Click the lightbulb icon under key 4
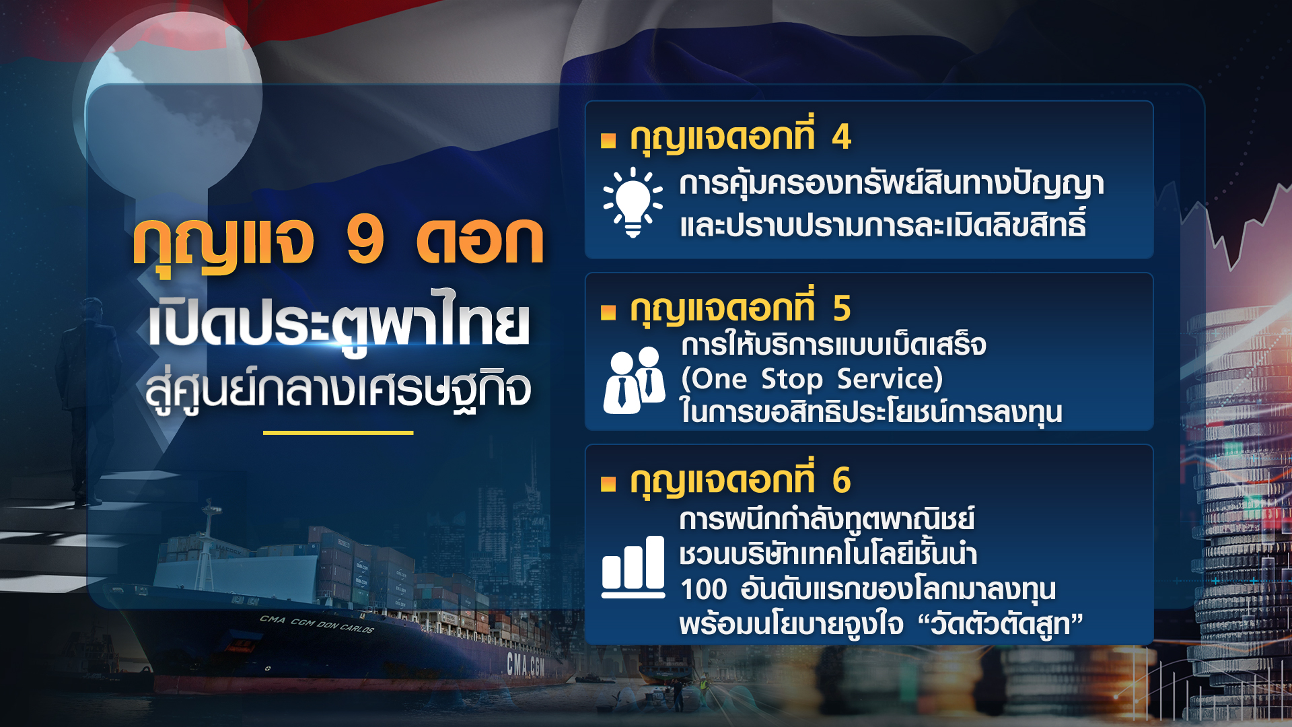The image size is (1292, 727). [633, 202]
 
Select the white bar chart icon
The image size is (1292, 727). [633, 567]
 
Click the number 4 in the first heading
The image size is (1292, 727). [841, 137]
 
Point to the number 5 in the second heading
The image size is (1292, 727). [841, 309]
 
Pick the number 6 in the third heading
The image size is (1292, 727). [841, 481]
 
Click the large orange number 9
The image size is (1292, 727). [365, 240]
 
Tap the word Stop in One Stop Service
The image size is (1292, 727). [792, 379]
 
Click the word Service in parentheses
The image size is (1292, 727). [888, 379]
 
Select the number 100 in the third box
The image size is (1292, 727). [703, 590]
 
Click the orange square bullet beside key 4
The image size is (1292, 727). [608, 140]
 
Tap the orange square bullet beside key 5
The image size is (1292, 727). [608, 312]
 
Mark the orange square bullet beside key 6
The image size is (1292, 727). [608, 483]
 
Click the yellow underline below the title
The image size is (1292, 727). [338, 433]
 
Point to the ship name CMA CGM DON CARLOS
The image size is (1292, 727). [316, 624]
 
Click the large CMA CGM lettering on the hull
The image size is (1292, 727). [526, 665]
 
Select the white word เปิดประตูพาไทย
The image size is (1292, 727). [339, 324]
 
